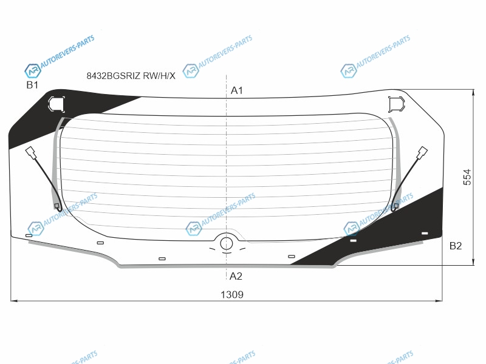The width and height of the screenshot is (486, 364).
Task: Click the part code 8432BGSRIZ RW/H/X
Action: click(131, 75)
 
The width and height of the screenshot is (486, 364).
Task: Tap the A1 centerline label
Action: click(237, 90)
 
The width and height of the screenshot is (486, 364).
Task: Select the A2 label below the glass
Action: click(236, 276)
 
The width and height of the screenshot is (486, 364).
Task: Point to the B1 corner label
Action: click(32, 85)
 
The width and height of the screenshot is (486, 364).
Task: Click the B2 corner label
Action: click(456, 246)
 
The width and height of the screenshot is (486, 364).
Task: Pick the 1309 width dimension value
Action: click(232, 294)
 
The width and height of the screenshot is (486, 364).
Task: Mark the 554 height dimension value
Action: click(467, 177)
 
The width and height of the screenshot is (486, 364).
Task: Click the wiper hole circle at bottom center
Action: click(227, 244)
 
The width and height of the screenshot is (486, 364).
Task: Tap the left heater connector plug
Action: click(31, 153)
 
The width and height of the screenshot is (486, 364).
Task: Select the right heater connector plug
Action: click(422, 153)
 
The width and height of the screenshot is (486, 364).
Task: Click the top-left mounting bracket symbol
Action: click(56, 104)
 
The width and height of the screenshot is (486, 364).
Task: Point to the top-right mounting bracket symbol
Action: click(397, 104)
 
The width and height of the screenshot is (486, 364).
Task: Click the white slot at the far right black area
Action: click(425, 233)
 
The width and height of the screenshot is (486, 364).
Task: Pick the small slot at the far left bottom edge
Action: click(29, 235)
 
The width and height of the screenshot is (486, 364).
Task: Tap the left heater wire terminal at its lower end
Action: click(56, 206)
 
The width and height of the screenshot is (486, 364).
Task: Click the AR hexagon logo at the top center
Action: click(191, 71)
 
